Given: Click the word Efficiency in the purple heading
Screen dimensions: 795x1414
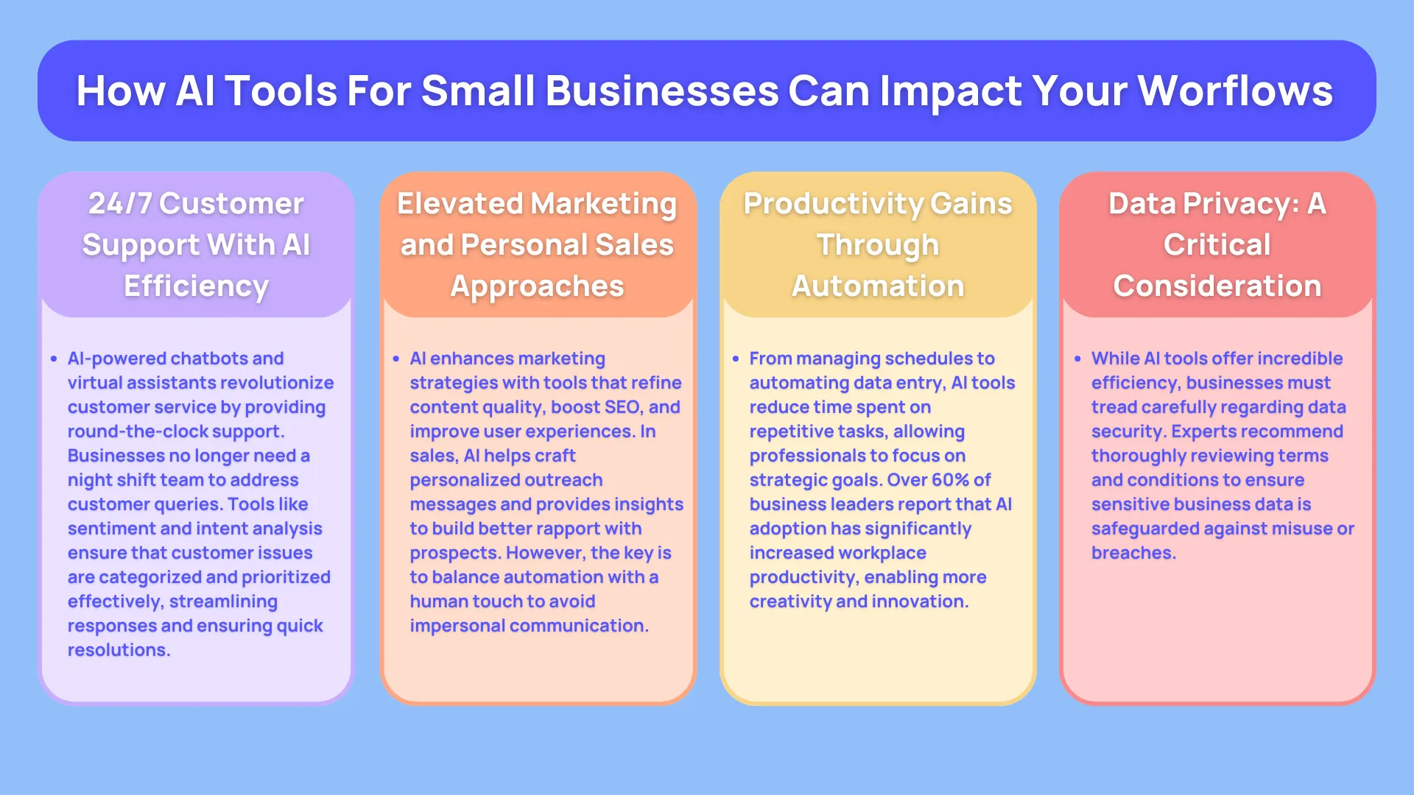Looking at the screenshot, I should point(196,286).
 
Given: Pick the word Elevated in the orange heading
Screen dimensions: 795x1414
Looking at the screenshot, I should point(460,204).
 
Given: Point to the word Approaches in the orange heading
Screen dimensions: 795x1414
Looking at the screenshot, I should point(537,286).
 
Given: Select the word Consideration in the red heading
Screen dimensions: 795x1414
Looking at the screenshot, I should point(1217,286).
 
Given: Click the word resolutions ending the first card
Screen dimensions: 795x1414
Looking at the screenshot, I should point(118,650).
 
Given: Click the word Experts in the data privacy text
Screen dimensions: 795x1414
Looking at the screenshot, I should point(1204,431).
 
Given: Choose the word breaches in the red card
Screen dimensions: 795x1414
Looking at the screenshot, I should point(1132,553).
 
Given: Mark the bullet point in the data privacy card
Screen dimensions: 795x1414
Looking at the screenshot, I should point(1077,359).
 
